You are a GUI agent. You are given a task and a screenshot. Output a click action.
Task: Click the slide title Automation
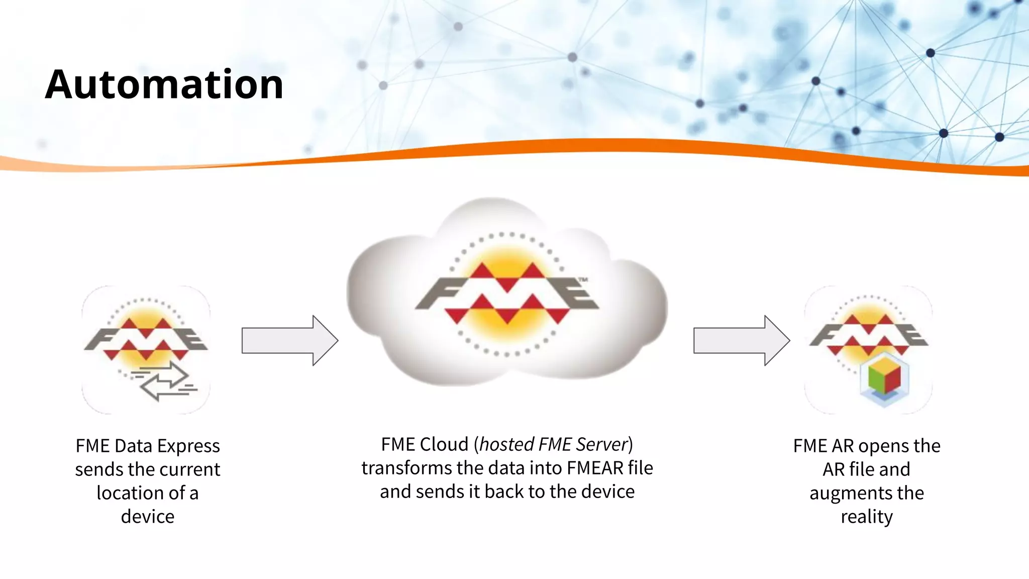tap(164, 84)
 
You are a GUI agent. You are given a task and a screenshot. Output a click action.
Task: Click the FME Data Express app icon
tap(146, 350)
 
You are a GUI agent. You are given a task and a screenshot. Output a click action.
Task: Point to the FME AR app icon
tap(868, 350)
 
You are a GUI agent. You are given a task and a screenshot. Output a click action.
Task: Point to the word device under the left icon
tap(148, 517)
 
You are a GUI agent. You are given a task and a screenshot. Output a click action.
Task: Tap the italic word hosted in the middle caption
tap(506, 444)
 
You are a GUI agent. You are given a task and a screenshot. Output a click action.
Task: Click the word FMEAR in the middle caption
tap(595, 468)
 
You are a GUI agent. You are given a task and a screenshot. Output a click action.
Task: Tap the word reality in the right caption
tap(867, 517)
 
